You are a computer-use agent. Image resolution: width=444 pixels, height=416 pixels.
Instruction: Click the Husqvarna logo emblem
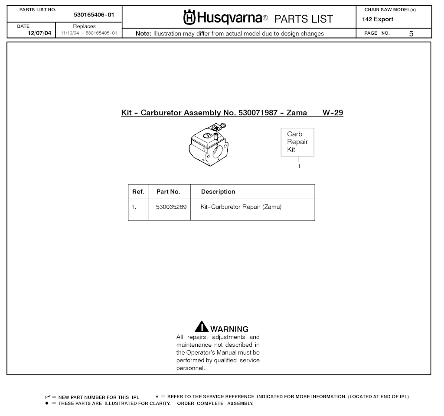pyautogui.click(x=190, y=18)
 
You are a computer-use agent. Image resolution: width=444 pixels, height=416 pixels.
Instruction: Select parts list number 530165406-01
pyautogui.click(x=94, y=15)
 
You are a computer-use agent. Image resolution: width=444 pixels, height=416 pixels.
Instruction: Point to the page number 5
pyautogui.click(x=411, y=33)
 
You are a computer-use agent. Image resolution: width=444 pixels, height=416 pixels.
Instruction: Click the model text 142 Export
pyautogui.click(x=378, y=19)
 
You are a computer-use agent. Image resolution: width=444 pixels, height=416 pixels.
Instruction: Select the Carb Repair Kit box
pyautogui.click(x=297, y=142)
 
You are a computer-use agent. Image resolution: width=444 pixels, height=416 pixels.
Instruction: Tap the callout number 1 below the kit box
pyautogui.click(x=299, y=166)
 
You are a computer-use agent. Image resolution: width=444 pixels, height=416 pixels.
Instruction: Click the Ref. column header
pyautogui.click(x=138, y=192)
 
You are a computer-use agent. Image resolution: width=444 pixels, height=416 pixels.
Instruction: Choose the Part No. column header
pyautogui.click(x=168, y=192)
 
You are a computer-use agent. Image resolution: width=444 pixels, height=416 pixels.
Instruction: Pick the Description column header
pyautogui.click(x=218, y=192)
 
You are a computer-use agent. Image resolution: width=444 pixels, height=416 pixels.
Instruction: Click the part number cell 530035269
pyautogui.click(x=171, y=207)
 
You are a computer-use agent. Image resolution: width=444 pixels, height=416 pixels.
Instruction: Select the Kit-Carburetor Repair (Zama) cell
pyautogui.click(x=241, y=207)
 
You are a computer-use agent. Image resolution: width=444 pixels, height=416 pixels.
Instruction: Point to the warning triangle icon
pyautogui.click(x=202, y=327)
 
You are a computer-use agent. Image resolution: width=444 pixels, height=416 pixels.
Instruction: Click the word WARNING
pyautogui.click(x=229, y=329)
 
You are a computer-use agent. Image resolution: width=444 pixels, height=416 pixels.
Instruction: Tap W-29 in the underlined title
pyautogui.click(x=333, y=113)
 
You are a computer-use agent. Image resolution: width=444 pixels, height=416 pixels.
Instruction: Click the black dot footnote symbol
pyautogui.click(x=46, y=403)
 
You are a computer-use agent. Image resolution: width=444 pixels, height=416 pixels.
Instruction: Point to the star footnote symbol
pyautogui.click(x=157, y=396)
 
